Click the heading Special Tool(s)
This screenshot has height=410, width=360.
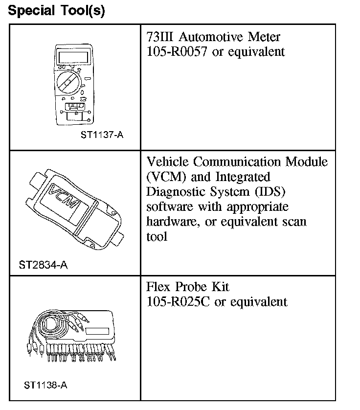pos(57,11)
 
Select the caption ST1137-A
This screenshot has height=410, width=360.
pos(102,135)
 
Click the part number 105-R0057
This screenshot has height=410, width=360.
pos(178,51)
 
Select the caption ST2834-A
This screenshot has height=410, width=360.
pos(43,265)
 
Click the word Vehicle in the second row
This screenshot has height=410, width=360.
pos(168,162)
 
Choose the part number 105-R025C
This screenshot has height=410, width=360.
pos(179,301)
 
